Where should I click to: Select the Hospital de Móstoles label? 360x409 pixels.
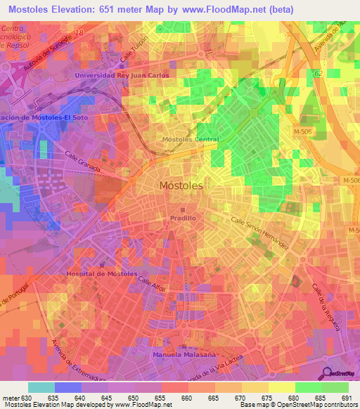point(98,273)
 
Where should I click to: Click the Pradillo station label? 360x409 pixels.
point(183,219)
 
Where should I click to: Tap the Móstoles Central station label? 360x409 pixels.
point(191,139)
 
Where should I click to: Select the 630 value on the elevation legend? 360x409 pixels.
point(27,399)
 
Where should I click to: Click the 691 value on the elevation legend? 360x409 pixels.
point(346,399)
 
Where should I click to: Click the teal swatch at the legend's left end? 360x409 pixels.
point(41,387)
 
